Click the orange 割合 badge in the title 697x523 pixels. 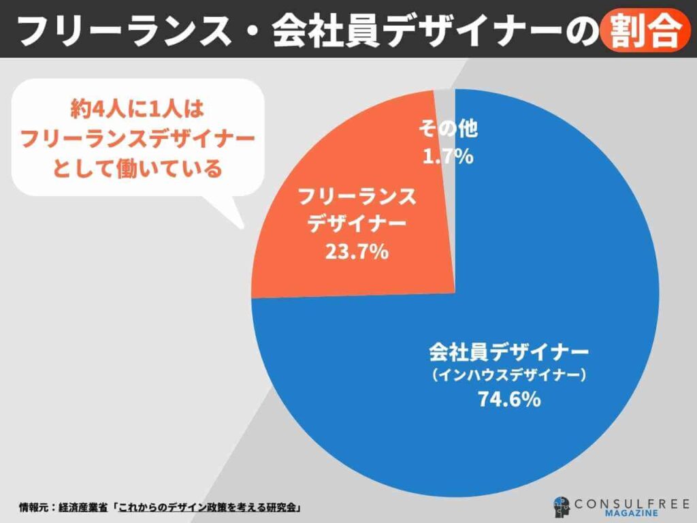click(641, 29)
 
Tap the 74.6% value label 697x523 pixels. click(508, 399)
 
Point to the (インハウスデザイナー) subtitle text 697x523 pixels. click(508, 375)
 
